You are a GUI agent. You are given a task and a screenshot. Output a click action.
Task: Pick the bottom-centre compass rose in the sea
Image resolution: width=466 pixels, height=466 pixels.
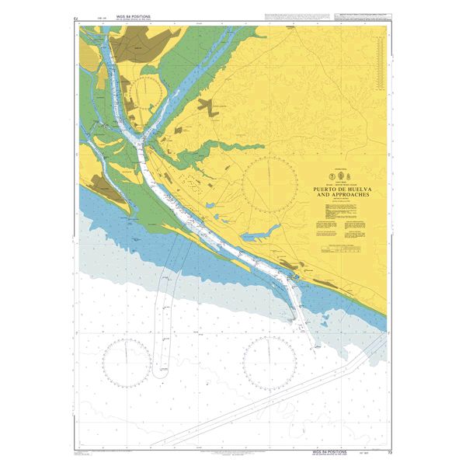(270, 363)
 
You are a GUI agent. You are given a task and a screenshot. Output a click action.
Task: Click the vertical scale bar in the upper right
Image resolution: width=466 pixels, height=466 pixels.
(378, 66)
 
